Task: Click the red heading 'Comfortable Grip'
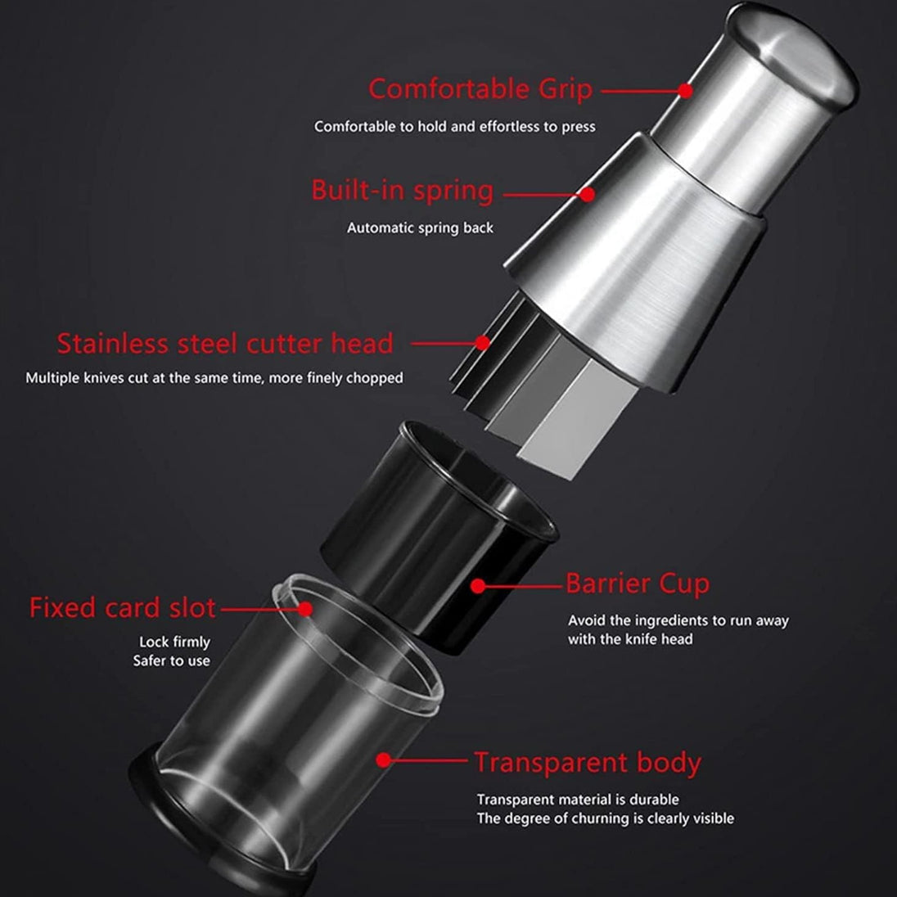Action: pos(480,90)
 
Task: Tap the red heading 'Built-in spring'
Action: pos(402,191)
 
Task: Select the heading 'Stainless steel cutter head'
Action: pos(225,343)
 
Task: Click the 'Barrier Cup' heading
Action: pos(638,584)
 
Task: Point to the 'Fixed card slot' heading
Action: pos(123,607)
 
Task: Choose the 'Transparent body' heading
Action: pos(588,763)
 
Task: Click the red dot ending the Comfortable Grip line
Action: pos(685,90)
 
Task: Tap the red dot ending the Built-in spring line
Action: pos(587,195)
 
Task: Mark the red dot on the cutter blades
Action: pos(483,343)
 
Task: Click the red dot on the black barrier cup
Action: pos(478,586)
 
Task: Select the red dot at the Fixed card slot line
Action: pos(305,609)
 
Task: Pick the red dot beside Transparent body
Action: pos(384,760)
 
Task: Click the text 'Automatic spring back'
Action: pos(420,228)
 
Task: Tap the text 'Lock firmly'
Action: pos(174,642)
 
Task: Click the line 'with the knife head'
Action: pos(630,639)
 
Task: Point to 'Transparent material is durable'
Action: pos(578,799)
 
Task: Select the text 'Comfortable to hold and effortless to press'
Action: pos(455,126)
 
